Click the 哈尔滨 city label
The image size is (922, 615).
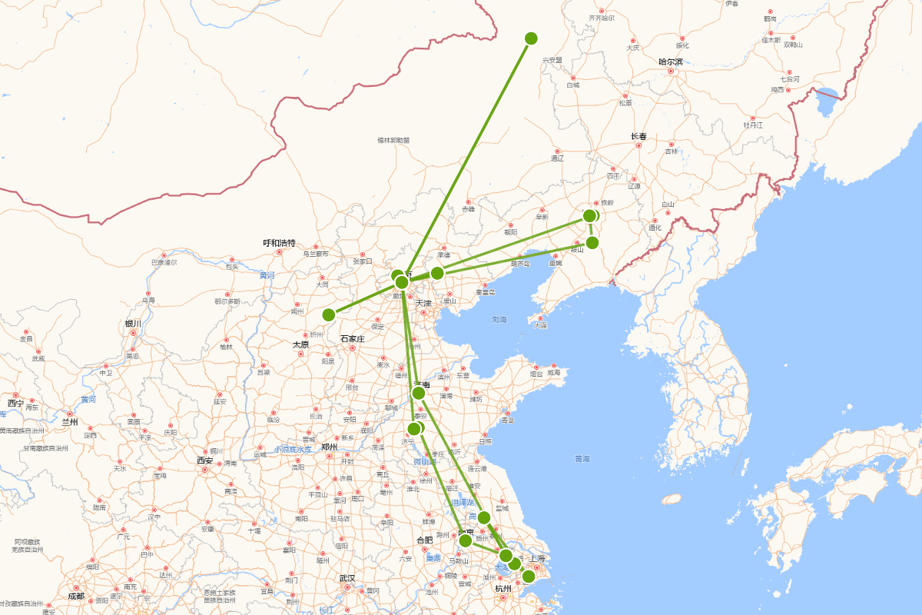click(671, 61)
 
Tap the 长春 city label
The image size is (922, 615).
click(639, 137)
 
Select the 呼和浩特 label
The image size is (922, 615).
click(279, 243)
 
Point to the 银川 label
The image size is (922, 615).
click(133, 324)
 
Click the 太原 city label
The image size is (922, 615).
click(300, 344)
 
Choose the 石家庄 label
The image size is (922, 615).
click(352, 338)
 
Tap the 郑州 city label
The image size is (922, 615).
click(329, 447)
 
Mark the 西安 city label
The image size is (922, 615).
click(204, 461)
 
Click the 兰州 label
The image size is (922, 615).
click(70, 422)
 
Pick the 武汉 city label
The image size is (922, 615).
click(347, 578)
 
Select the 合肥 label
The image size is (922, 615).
click(425, 540)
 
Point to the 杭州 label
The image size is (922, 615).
click(503, 589)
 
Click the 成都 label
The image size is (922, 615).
click(75, 597)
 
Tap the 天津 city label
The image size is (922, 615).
click(423, 304)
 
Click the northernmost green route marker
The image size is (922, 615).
click(531, 38)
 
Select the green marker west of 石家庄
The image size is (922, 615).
click(329, 314)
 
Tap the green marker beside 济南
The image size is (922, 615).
click(419, 393)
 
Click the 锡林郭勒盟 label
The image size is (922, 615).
click(393, 140)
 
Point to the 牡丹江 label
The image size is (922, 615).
click(753, 125)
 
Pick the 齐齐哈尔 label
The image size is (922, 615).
click(602, 18)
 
